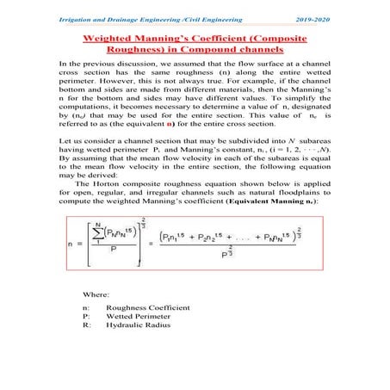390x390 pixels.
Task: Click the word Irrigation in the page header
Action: (71, 18)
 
